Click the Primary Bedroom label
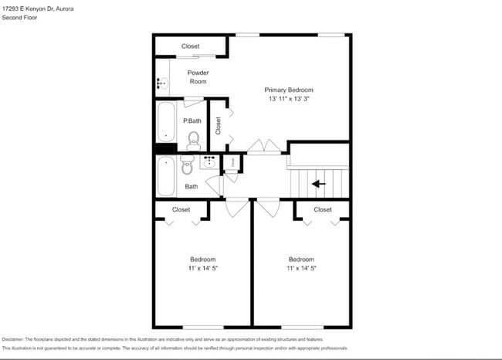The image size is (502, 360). [289, 90]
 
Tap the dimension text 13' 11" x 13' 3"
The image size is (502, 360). [289, 99]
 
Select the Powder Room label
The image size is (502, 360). [198, 77]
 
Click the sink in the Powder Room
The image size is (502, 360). [163, 83]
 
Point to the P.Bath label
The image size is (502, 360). [192, 121]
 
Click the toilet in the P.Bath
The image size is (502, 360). [193, 139]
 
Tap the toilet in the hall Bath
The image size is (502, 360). [187, 163]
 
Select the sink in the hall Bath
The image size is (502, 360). [210, 162]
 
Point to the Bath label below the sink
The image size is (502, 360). [191, 186]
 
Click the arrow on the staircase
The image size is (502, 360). [318, 184]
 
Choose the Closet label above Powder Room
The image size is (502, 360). [190, 46]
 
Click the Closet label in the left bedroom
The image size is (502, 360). [181, 209]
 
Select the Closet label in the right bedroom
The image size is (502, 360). [323, 209]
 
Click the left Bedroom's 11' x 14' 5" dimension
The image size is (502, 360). [203, 268]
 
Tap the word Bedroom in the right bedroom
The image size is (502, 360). [301, 259]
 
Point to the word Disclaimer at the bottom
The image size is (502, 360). [13, 339]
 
